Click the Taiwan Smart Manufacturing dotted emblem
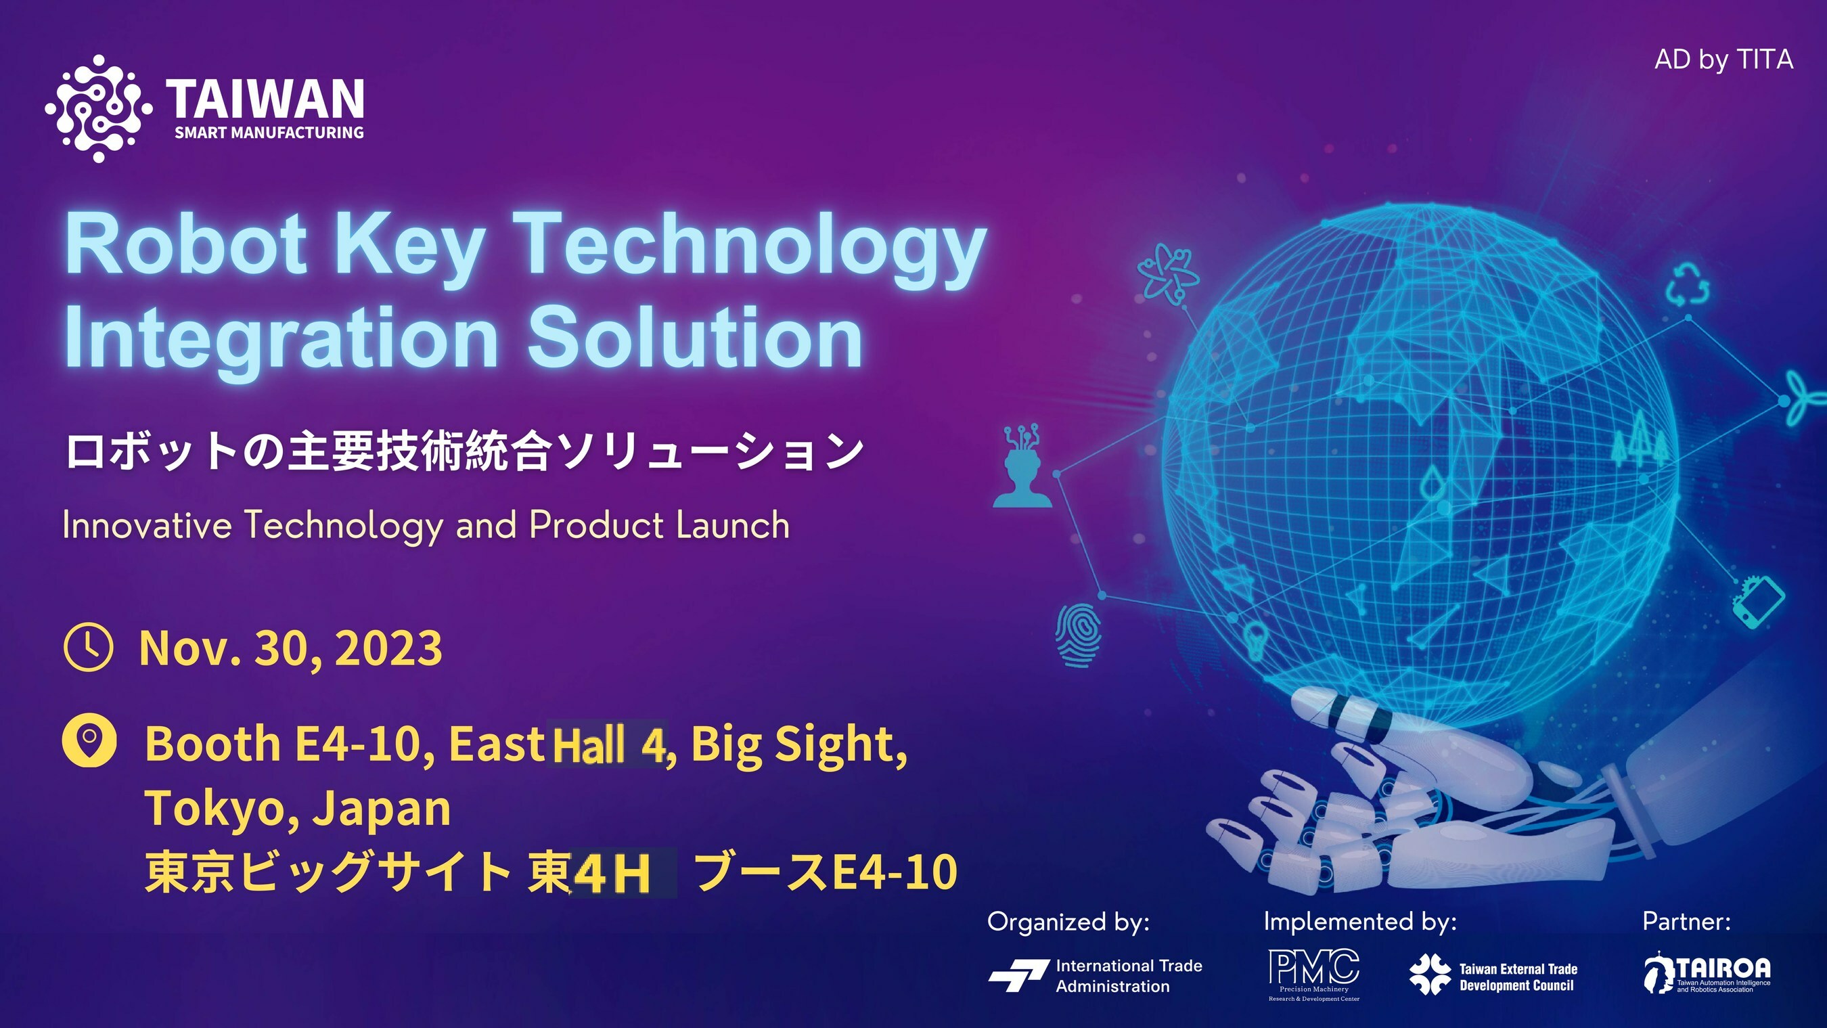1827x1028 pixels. click(x=99, y=108)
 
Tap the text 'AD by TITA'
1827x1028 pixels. click(x=1723, y=60)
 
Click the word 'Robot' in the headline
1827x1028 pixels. click(x=187, y=245)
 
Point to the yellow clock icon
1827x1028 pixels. click(x=88, y=647)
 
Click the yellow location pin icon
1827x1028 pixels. click(x=89, y=740)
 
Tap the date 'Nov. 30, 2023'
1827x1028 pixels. click(x=291, y=648)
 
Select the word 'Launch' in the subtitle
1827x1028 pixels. click(x=733, y=526)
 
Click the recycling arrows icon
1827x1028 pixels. click(x=1688, y=284)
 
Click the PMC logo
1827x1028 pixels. click(x=1313, y=975)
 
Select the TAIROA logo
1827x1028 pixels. click(x=1707, y=973)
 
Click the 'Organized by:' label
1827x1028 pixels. click(x=1068, y=922)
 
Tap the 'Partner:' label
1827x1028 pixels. click(x=1686, y=922)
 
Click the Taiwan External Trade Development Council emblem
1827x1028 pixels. click(x=1430, y=974)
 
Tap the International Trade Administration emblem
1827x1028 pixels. click(x=1018, y=975)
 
